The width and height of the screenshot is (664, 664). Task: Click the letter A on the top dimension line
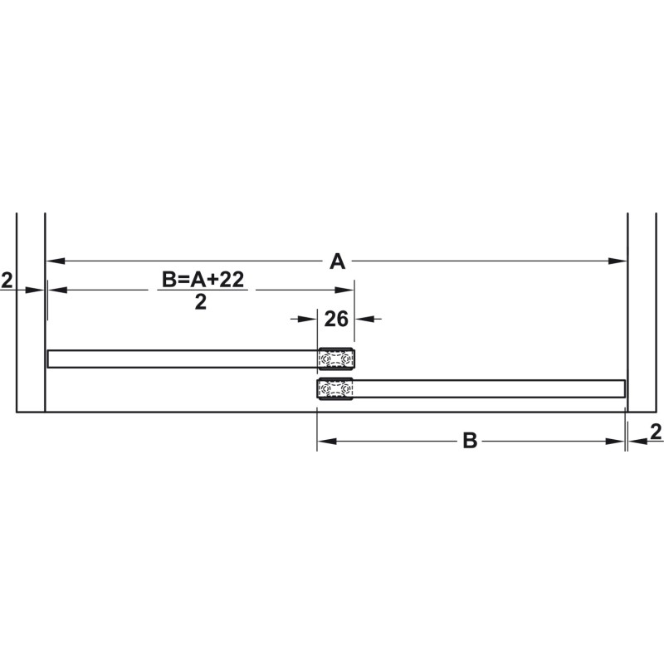(338, 261)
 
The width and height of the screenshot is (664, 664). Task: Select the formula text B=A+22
(203, 280)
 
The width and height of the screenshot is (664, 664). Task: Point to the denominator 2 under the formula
(201, 302)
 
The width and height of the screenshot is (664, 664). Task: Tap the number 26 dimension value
(336, 319)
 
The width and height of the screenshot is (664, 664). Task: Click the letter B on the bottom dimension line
(470, 441)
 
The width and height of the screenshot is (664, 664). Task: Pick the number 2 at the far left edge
(7, 281)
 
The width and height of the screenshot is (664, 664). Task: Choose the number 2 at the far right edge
(656, 432)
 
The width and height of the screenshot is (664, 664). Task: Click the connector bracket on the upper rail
(336, 359)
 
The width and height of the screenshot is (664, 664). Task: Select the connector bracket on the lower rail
(335, 388)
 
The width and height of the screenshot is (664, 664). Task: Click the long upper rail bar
(183, 359)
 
